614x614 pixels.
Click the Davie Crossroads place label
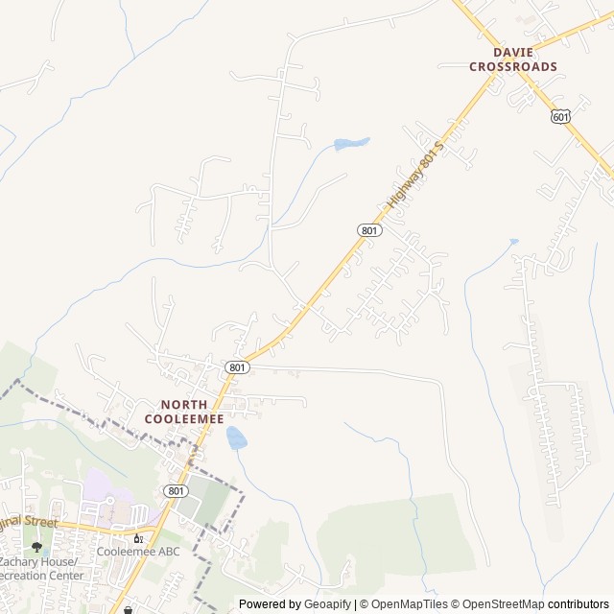click(513, 59)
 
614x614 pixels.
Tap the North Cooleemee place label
click(184, 412)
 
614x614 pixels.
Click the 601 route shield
click(561, 116)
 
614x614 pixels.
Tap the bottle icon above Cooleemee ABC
click(138, 538)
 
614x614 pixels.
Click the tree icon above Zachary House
click(37, 547)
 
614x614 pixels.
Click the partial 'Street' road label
click(29, 523)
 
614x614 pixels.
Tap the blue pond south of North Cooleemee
click(236, 438)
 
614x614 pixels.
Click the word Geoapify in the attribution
click(328, 604)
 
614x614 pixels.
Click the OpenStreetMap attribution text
click(498, 604)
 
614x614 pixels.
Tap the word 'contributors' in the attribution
click(579, 604)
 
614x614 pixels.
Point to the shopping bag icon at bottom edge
click(128, 608)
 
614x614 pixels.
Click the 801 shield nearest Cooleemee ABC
click(175, 490)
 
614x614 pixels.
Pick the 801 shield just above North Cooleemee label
click(238, 367)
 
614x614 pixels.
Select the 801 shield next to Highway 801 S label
click(370, 230)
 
